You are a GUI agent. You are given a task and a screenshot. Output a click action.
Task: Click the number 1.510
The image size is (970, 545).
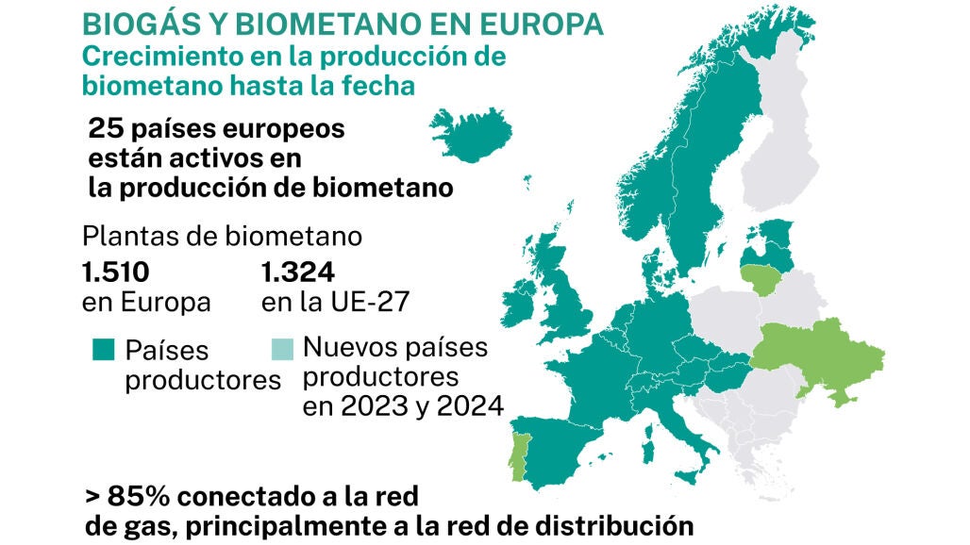(x=115, y=273)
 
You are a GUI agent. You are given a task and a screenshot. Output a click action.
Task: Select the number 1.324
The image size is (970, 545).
(x=297, y=273)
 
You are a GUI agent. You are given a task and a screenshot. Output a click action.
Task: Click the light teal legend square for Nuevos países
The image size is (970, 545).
(x=281, y=348)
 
